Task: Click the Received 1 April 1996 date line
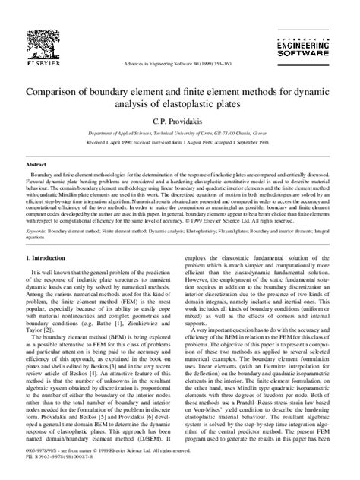click(x=179, y=141)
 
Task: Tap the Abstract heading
click(x=36, y=163)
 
